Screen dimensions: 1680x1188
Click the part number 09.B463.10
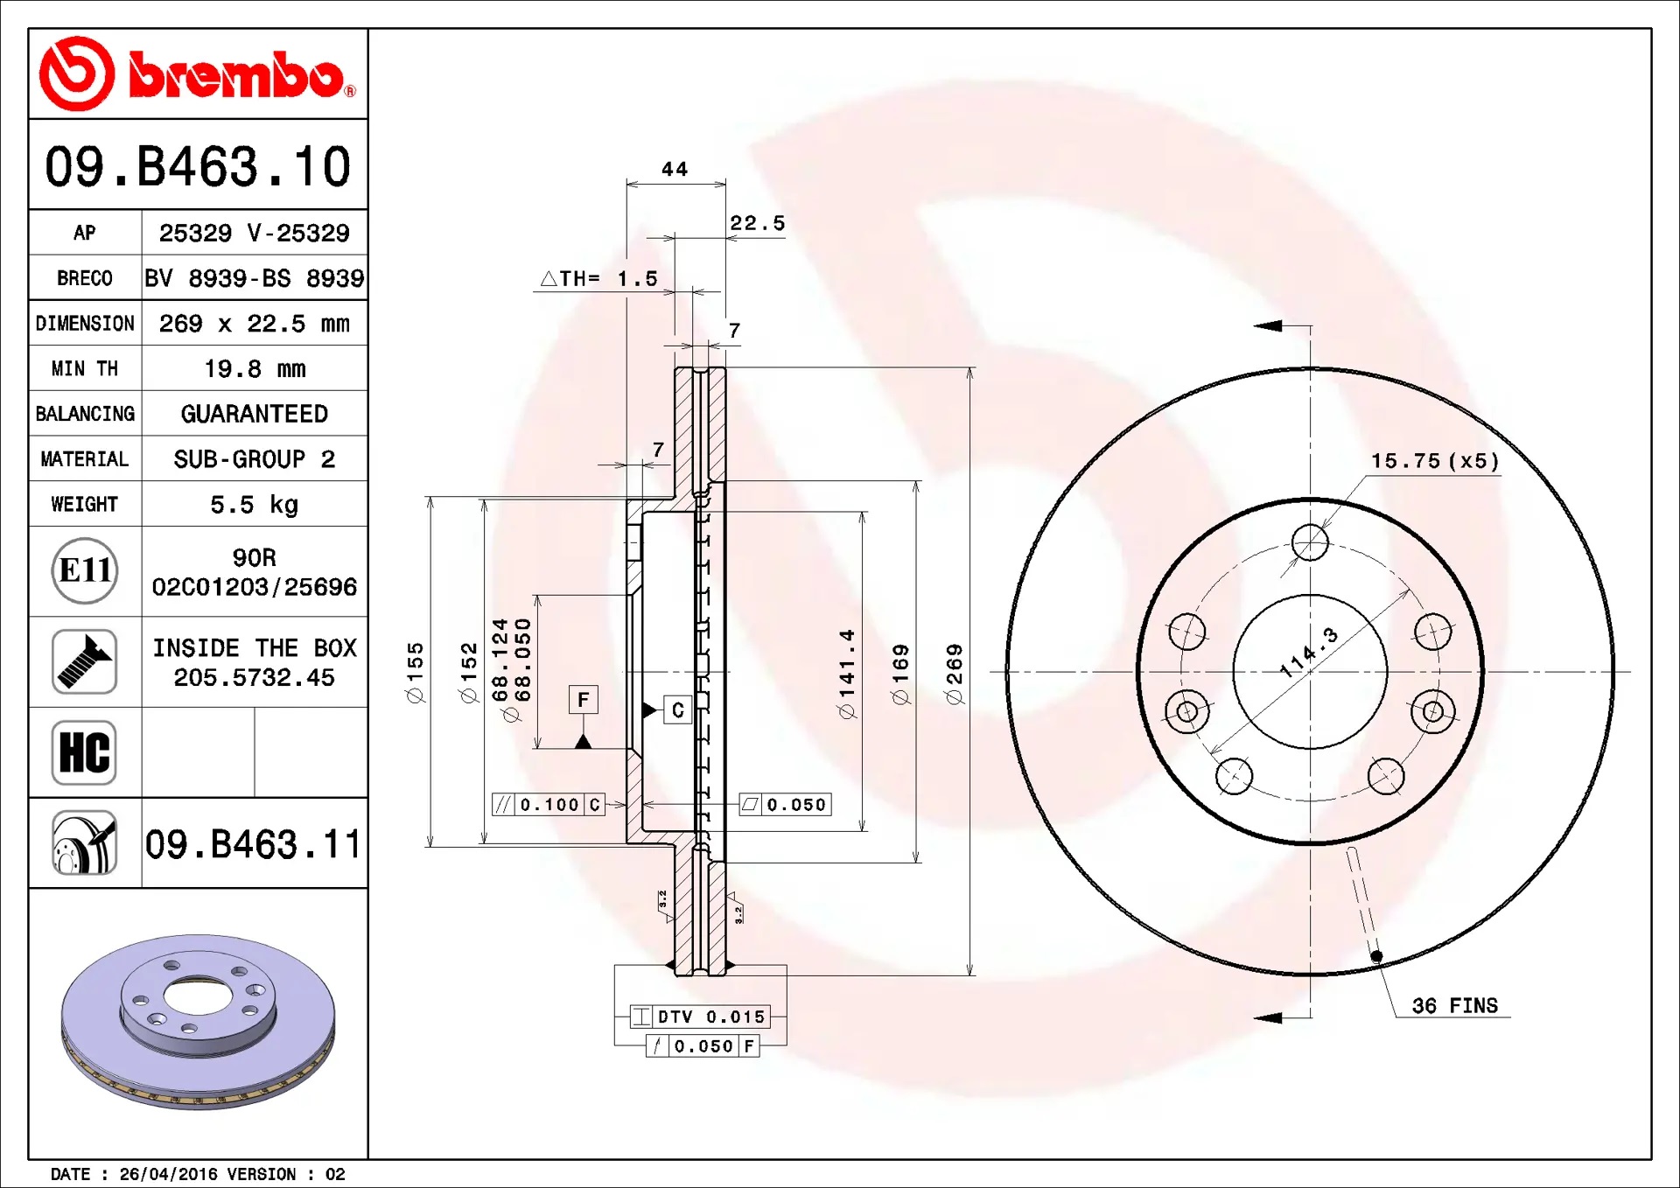(198, 166)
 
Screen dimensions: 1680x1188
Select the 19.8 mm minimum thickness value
(255, 369)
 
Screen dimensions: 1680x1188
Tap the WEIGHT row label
(84, 505)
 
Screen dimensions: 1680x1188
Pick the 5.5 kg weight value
(255, 505)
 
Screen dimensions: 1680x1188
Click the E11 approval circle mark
(85, 570)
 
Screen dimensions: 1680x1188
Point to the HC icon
(84, 752)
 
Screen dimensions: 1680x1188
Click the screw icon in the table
(84, 661)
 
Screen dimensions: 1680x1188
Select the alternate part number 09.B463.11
(253, 844)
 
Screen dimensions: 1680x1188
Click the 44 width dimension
(675, 169)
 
